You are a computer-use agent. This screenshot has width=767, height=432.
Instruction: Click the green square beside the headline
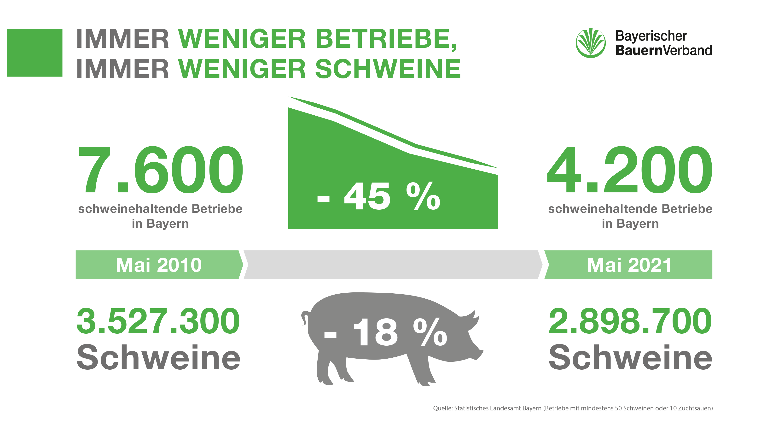point(35,53)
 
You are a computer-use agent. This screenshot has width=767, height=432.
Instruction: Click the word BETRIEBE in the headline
point(386,39)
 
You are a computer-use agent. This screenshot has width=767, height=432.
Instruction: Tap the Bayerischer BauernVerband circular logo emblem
point(590,43)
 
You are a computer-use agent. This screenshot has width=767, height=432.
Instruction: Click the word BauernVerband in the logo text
point(663,50)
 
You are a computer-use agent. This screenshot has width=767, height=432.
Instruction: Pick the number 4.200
point(629,170)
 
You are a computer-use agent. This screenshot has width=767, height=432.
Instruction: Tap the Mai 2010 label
point(159,265)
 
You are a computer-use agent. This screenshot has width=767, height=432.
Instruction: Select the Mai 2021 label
point(629,265)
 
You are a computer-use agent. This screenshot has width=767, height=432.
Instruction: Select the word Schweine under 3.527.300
point(158,357)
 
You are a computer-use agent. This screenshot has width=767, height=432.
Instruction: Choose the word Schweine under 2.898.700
point(630,357)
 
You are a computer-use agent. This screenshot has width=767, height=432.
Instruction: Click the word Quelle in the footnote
point(442,408)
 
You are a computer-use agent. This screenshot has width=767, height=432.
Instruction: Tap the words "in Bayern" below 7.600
point(160,224)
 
